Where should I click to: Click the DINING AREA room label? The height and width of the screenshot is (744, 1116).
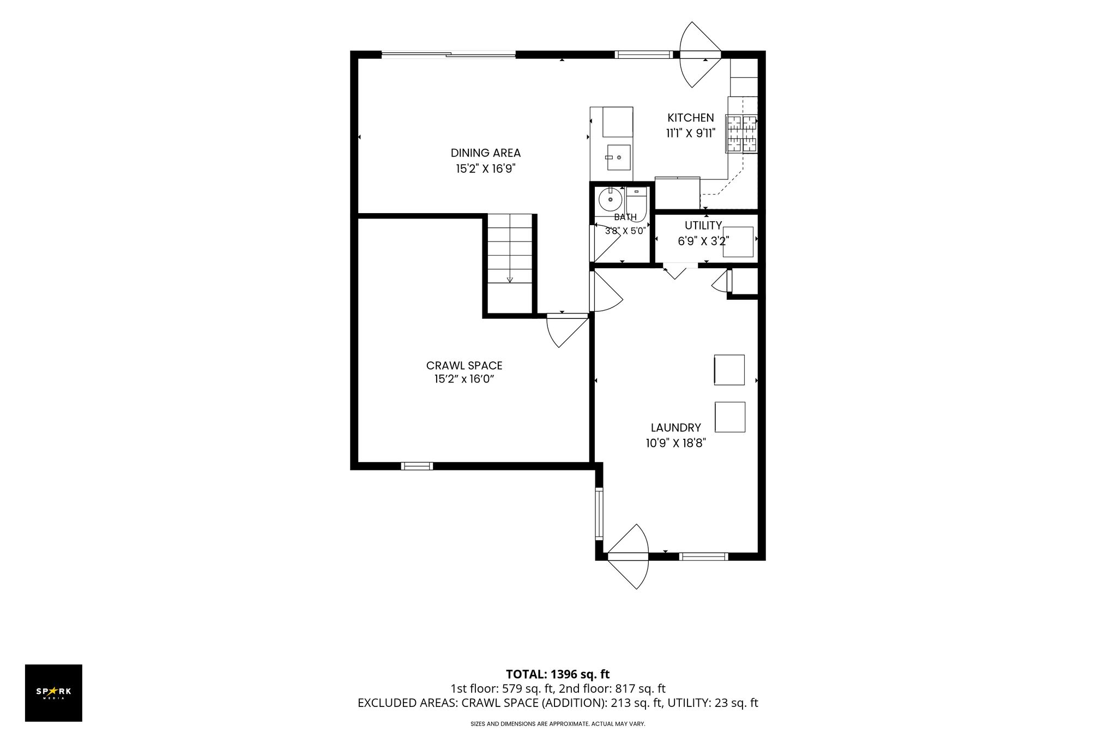click(x=485, y=153)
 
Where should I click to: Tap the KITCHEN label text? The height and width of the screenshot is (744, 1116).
click(x=690, y=118)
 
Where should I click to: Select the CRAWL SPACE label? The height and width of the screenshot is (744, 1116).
click(x=464, y=366)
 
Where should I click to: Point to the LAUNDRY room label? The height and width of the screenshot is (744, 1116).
click(x=675, y=428)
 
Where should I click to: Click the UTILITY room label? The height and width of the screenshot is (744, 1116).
click(x=703, y=226)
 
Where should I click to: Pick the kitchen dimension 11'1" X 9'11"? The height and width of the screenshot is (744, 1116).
click(x=690, y=133)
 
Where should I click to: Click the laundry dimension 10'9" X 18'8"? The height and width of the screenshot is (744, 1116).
click(x=676, y=443)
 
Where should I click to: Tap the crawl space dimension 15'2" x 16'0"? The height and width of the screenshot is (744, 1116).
click(x=464, y=379)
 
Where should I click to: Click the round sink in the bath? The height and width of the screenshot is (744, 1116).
click(x=610, y=199)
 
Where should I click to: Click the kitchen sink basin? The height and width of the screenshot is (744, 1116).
click(x=618, y=158)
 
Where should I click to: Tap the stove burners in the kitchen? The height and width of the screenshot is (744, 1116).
click(x=741, y=134)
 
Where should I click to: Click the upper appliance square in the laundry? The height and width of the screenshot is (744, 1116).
click(x=729, y=370)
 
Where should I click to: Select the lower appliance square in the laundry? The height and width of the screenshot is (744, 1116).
click(x=729, y=417)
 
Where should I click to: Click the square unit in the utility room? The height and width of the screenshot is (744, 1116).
click(x=738, y=242)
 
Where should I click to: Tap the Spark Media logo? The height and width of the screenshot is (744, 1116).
click(x=53, y=693)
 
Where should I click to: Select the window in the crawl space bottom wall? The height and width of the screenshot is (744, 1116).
click(x=417, y=466)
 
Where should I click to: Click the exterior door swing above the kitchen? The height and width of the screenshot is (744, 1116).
click(x=700, y=55)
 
